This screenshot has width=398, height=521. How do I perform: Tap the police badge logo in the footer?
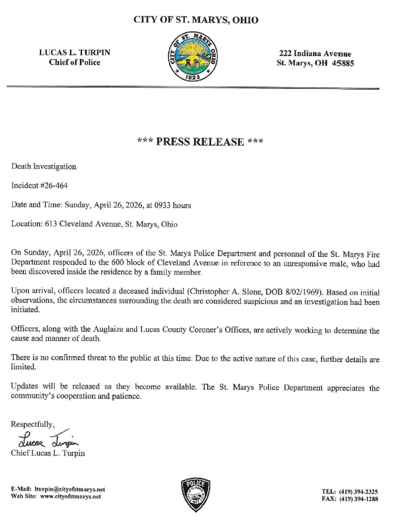pos(196,495)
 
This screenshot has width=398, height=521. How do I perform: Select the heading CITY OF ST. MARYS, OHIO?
pos(196,20)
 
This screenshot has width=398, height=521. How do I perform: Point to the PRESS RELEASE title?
pos(200,141)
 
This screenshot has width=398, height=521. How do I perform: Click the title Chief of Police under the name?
pos(74,62)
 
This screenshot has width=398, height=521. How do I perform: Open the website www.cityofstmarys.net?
pos(70,496)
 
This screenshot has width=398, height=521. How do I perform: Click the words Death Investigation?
pos(44,166)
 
